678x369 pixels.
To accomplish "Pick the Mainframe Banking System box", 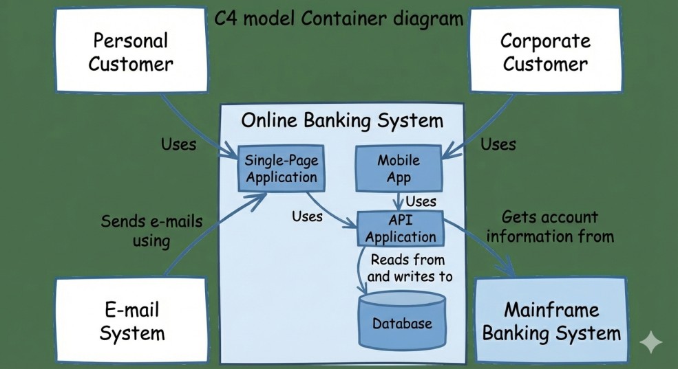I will [x=551, y=322].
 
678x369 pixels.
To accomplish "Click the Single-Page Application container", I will [x=281, y=169].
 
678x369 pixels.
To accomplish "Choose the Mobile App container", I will [x=399, y=169].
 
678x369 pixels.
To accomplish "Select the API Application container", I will [x=401, y=229].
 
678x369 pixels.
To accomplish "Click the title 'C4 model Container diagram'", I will [x=339, y=19].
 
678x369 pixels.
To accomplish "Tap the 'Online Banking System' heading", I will [x=342, y=121].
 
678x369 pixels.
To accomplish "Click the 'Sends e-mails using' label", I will [x=152, y=231].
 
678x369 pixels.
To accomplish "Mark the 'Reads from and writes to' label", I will [x=411, y=269].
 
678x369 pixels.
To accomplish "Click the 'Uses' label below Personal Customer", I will [x=178, y=144].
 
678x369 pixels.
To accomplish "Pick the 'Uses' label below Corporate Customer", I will [x=498, y=144].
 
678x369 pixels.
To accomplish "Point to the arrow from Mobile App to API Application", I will [x=398, y=201].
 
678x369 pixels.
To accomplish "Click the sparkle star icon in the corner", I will [x=650, y=343].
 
